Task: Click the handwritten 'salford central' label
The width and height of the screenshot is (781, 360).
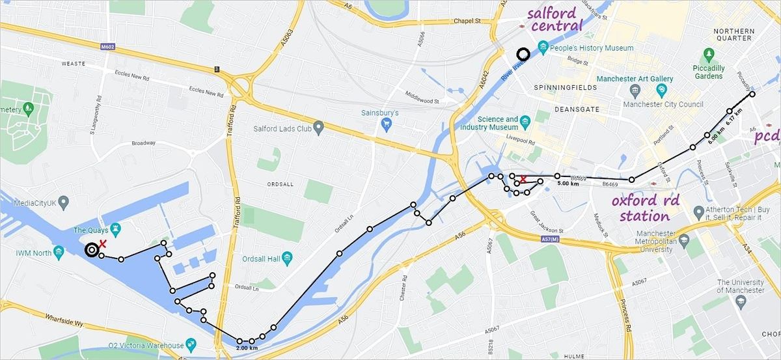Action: (x=555, y=20)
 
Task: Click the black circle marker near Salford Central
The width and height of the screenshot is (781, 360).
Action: (x=522, y=54)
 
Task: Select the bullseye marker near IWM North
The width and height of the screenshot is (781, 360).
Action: (x=92, y=249)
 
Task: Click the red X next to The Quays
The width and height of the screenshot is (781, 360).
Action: (x=102, y=243)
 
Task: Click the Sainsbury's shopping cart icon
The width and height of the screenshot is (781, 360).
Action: (x=387, y=122)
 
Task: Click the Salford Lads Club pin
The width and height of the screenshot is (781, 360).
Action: (x=318, y=126)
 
